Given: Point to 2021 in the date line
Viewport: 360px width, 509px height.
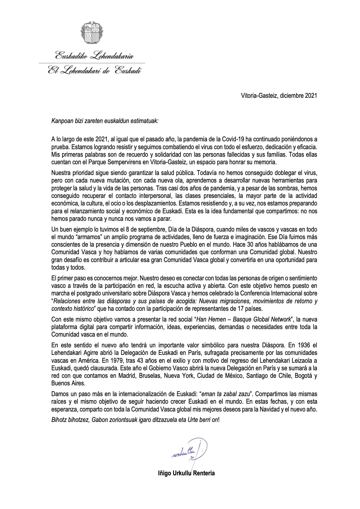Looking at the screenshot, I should [x=311, y=95].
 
